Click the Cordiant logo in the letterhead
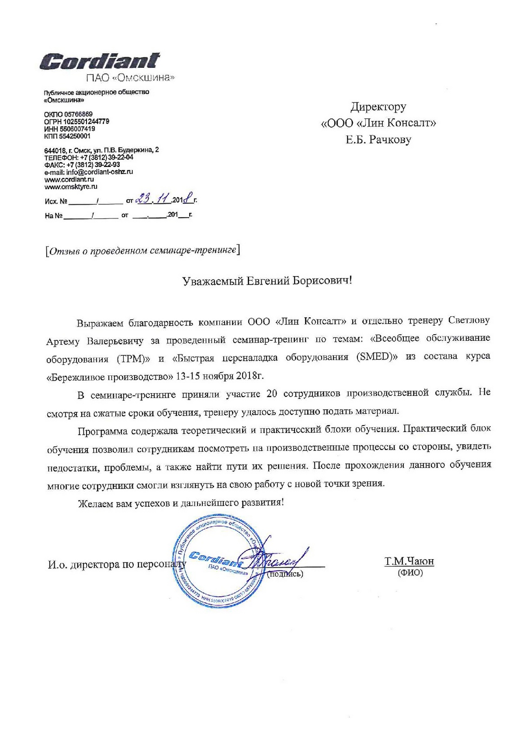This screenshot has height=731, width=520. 100,61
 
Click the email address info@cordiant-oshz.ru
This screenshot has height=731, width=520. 100,172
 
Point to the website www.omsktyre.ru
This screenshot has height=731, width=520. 71,187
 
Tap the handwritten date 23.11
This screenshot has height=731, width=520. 153,199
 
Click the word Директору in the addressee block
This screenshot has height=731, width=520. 378,107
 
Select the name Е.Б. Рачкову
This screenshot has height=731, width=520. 378,140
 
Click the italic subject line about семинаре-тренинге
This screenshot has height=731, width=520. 143,251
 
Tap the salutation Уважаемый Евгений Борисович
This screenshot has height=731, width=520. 267,281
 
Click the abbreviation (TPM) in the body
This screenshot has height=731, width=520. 134,359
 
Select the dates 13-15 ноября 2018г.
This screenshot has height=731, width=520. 220,376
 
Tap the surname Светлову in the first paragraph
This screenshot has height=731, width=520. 469,320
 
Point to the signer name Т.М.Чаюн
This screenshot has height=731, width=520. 409,561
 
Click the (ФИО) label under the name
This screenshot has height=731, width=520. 410,573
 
